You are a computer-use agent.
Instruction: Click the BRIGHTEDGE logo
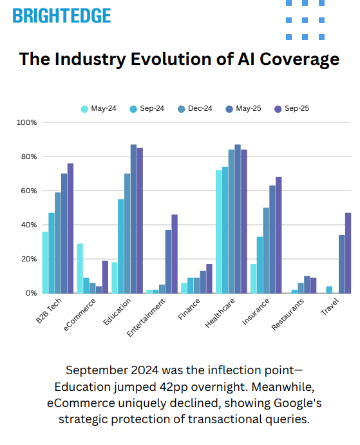tap(62, 16)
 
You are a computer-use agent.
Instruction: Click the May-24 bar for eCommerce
tap(80, 268)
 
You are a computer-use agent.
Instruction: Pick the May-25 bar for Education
tap(133, 219)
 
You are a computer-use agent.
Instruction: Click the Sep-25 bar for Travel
tap(348, 252)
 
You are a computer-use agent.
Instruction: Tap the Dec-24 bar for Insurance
tap(266, 250)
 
